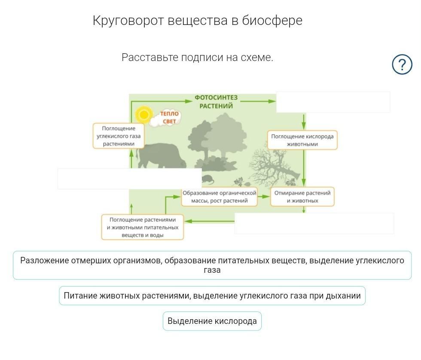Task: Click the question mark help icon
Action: (x=402, y=64)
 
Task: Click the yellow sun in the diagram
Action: (x=143, y=115)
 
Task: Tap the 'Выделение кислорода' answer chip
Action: (x=212, y=321)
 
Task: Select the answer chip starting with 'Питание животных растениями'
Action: (x=212, y=296)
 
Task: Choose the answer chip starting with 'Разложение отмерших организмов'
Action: (x=212, y=265)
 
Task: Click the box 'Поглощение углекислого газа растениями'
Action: (x=119, y=136)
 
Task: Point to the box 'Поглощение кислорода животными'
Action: (x=302, y=140)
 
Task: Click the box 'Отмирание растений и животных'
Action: (x=302, y=197)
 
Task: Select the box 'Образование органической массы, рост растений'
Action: (x=219, y=197)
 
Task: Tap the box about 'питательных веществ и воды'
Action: (x=143, y=227)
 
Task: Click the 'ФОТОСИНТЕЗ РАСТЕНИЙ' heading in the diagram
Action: (x=216, y=102)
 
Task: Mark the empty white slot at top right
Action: (x=333, y=102)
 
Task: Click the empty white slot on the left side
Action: (x=129, y=179)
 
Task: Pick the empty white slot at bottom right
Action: (x=314, y=223)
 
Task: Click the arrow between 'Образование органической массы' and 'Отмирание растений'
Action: (x=264, y=197)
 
